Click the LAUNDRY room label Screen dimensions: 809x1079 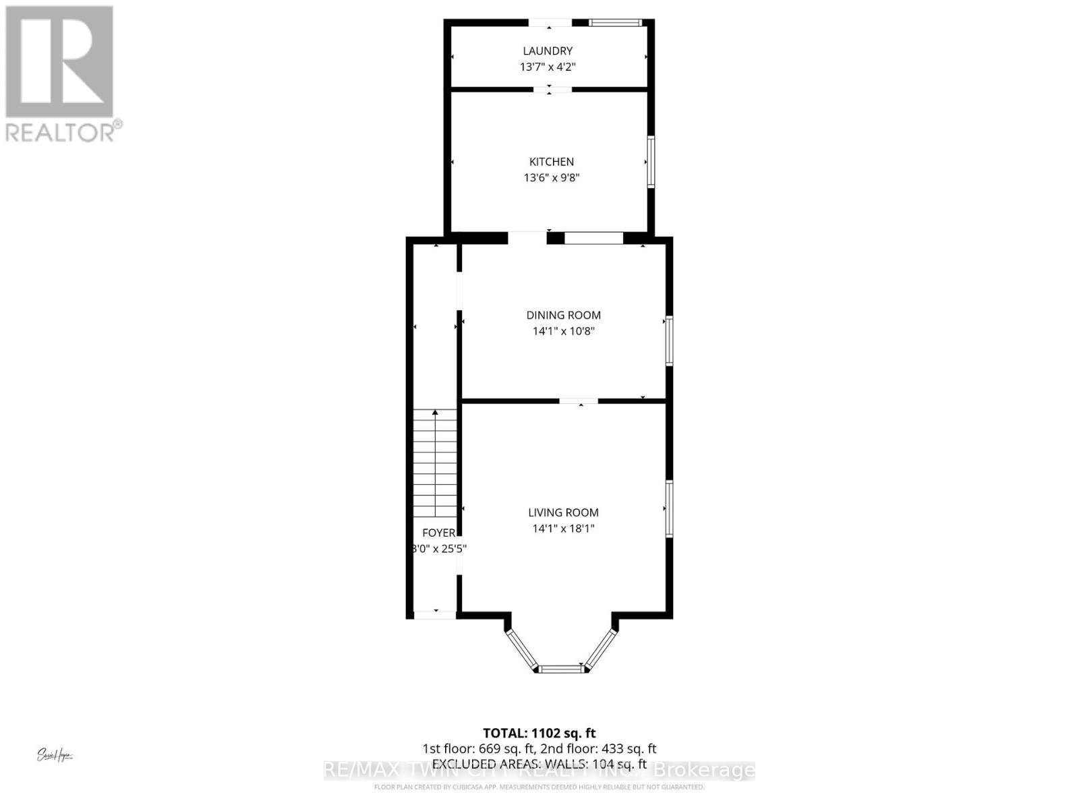(548, 51)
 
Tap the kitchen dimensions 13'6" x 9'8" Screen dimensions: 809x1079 (552, 178)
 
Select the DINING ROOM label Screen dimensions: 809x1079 (563, 315)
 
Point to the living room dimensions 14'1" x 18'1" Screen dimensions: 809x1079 (563, 529)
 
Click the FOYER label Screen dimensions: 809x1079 (439, 533)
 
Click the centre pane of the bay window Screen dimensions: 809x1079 (562, 669)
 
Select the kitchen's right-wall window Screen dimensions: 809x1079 (651, 162)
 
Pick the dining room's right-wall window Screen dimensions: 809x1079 (669, 340)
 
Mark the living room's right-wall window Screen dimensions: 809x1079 (669, 509)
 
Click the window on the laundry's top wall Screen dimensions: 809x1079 (614, 23)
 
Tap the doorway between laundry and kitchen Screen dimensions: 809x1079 (550, 88)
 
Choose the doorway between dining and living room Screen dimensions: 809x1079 (579, 402)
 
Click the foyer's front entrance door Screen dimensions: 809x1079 (435, 614)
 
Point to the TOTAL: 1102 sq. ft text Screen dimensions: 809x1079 (539, 733)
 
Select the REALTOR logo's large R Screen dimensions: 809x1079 (59, 62)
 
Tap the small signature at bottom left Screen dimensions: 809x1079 (55, 755)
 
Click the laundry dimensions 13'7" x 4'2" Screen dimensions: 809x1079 (548, 67)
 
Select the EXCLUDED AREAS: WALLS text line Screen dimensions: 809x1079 (539, 764)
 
